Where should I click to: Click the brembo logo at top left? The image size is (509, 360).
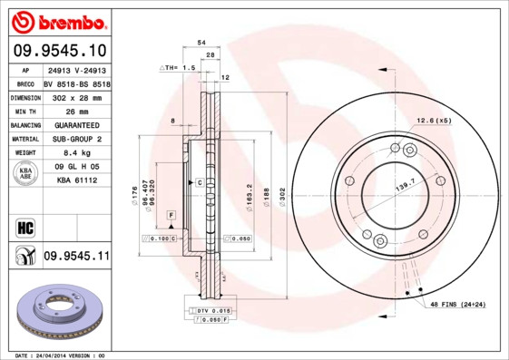tap(56, 21)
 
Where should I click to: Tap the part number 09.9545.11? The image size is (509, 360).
tap(76, 257)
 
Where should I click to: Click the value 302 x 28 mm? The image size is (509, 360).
tap(77, 96)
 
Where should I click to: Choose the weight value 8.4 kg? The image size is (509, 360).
tap(77, 153)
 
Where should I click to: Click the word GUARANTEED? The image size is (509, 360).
tap(77, 124)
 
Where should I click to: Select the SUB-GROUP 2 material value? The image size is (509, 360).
tap(77, 139)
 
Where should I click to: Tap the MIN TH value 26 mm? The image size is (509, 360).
tap(77, 111)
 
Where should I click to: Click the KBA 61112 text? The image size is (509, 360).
tap(77, 180)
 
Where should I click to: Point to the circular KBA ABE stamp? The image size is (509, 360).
tap(24, 173)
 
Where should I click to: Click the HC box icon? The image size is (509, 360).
tap(25, 226)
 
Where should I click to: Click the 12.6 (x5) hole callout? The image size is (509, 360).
tap(434, 121)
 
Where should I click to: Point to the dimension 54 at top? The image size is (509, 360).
tap(201, 43)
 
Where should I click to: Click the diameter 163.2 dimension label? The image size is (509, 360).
tap(248, 194)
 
